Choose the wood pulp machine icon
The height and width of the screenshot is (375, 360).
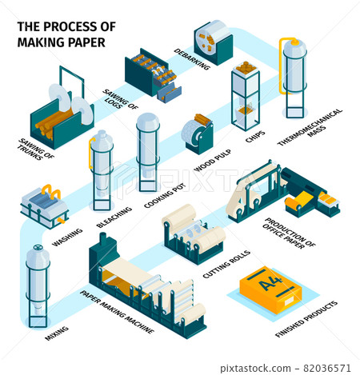(195, 132)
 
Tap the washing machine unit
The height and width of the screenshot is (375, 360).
(44, 204)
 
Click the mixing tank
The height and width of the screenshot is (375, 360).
(36, 280)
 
